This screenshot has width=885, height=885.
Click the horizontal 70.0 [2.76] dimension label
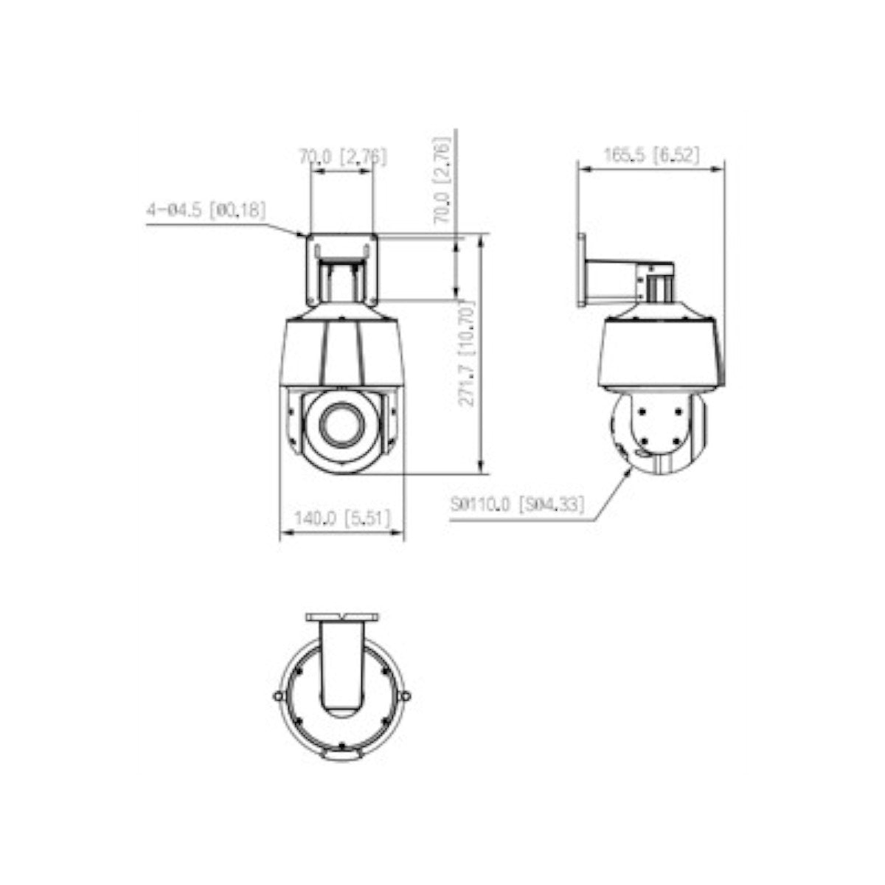click(x=341, y=156)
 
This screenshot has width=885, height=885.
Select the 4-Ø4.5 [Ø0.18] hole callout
click(x=206, y=210)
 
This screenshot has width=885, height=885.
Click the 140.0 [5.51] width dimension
click(x=341, y=518)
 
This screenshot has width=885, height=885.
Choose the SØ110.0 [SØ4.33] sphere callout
click(x=517, y=504)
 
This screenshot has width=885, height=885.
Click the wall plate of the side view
click(x=581, y=270)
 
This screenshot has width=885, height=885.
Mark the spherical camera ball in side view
click(x=659, y=435)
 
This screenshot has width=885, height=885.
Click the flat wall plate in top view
click(x=342, y=616)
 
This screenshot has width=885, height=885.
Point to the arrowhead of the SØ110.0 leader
click(x=629, y=469)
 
